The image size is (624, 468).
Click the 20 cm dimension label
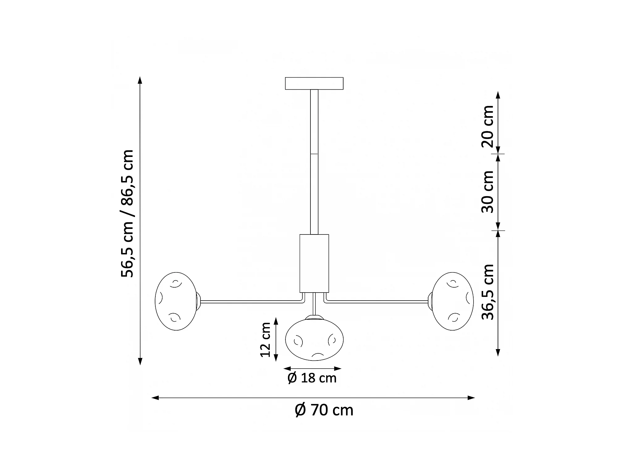tap(488, 126)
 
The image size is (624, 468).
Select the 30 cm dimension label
tap(488, 192)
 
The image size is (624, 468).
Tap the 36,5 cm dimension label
tap(488, 292)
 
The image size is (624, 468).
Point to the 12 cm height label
tap(265, 340)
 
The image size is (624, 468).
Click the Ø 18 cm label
tap(312, 378)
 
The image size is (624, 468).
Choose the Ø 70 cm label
tap(324, 410)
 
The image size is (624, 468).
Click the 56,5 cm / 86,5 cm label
tap(127, 213)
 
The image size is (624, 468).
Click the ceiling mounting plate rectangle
tap(314, 83)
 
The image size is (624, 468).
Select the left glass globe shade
tap(176, 301)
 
